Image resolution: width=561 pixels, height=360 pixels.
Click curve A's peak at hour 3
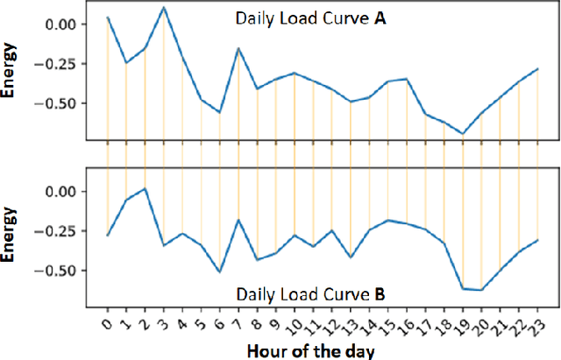pos(164,7)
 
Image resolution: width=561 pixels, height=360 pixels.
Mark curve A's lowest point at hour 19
pos(463,134)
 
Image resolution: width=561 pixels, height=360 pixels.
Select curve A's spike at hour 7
pos(238,48)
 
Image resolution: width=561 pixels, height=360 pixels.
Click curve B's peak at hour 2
pos(145,188)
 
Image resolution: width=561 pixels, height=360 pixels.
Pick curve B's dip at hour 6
pos(220,272)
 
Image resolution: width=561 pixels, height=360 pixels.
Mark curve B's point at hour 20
pos(481,289)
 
